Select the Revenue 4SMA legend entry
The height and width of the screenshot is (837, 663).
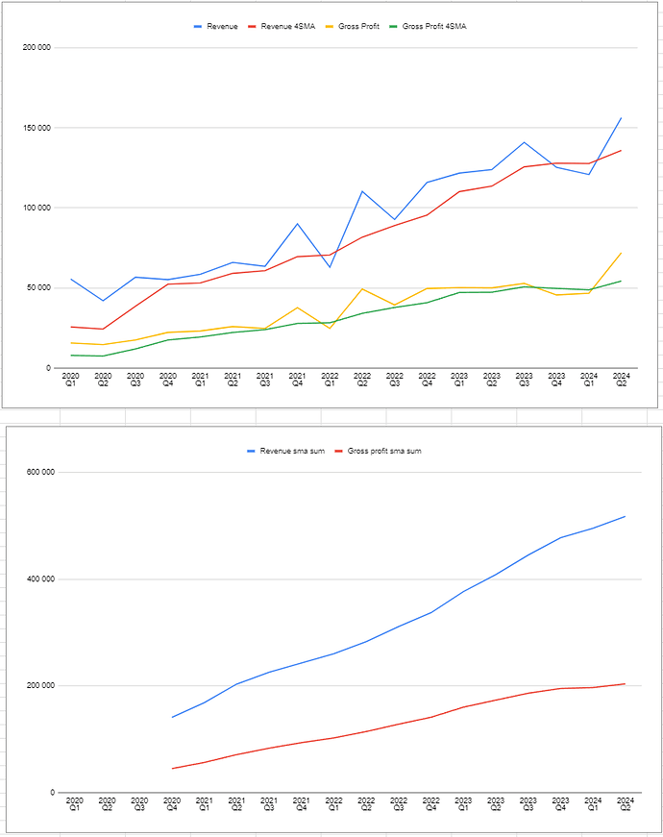click(x=285, y=26)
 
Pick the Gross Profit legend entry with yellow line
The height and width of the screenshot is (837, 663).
click(x=358, y=26)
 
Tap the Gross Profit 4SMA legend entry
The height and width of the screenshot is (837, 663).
click(x=432, y=26)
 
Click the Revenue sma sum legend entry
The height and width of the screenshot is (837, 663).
click(x=287, y=451)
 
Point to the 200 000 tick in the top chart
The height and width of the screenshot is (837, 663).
click(x=37, y=48)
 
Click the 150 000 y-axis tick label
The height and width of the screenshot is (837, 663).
click(x=37, y=128)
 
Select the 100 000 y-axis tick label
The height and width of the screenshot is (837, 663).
click(x=37, y=208)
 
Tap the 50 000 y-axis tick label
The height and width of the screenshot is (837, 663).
click(x=39, y=288)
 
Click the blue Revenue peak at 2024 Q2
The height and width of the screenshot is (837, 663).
click(x=622, y=118)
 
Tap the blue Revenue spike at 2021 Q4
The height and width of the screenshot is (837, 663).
click(x=298, y=224)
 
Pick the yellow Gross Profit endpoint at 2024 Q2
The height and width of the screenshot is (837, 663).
click(x=622, y=253)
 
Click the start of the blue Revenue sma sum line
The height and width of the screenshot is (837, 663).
click(x=173, y=717)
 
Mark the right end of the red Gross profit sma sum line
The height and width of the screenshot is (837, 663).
click(x=625, y=684)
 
